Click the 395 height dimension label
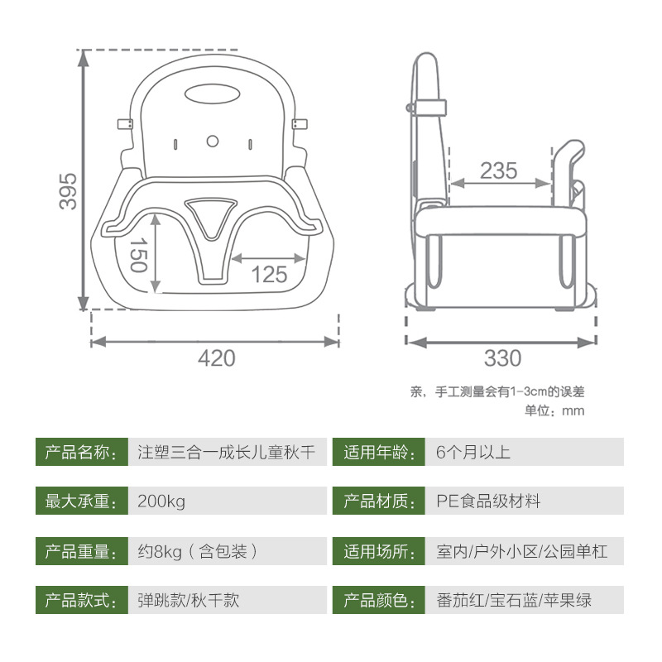[x=69, y=190]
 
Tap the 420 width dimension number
[x=216, y=358]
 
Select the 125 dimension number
[x=270, y=274]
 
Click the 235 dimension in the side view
[x=498, y=170]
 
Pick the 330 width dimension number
[x=502, y=358]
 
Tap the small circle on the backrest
[x=213, y=141]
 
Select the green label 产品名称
[x=79, y=452]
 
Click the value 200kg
[x=162, y=501]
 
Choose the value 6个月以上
[x=473, y=452]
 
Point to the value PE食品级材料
[x=488, y=501]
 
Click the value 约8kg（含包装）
[x=198, y=551]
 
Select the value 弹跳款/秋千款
[x=189, y=600]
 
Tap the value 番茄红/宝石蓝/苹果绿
[x=514, y=600]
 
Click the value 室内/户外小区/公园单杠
[x=521, y=551]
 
